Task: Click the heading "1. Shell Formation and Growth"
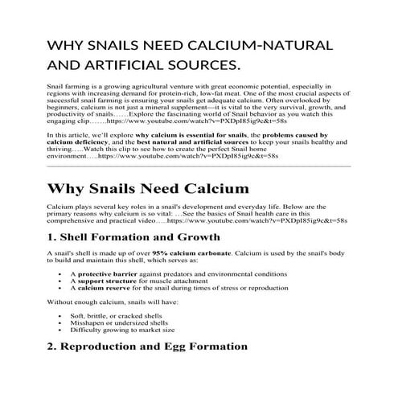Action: tap(133, 237)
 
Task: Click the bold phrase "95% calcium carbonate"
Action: tap(174, 254)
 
